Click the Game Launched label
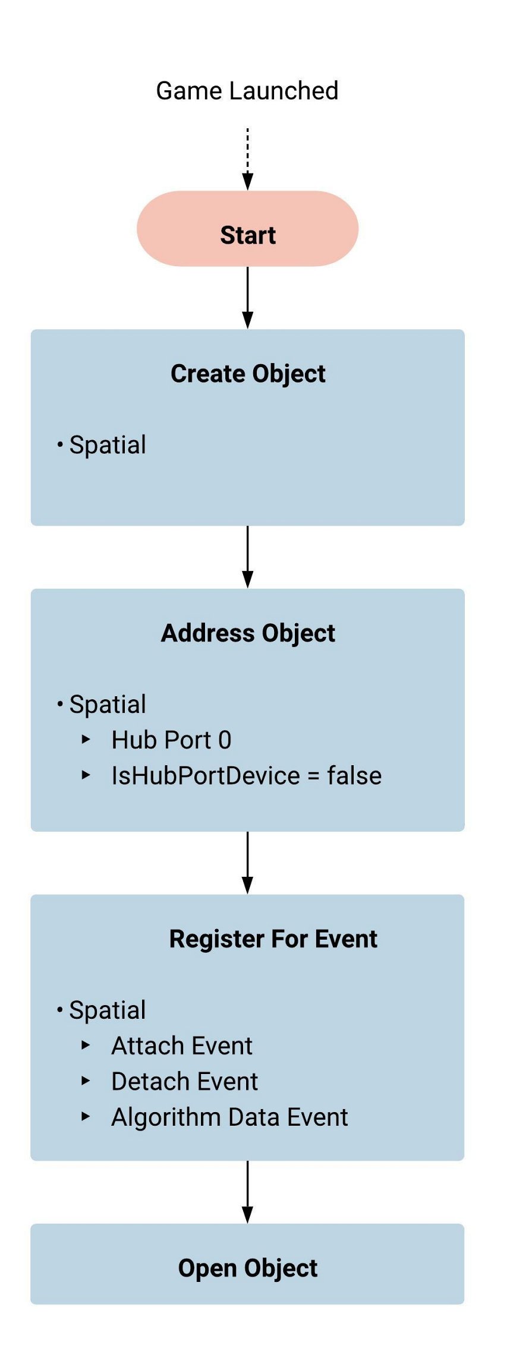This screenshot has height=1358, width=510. click(x=247, y=91)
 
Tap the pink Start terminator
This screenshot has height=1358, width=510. click(x=247, y=229)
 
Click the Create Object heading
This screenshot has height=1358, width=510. click(x=248, y=374)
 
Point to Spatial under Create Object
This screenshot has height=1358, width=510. click(x=108, y=445)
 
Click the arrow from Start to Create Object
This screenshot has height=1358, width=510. click(x=247, y=297)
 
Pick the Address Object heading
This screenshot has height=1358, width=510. click(x=248, y=633)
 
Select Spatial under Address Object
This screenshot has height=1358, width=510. click(x=108, y=705)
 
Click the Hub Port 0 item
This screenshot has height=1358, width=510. click(x=171, y=740)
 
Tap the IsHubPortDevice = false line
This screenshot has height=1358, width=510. click(x=246, y=776)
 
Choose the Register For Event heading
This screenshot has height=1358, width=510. click(x=273, y=939)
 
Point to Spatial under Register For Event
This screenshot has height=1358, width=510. click(x=108, y=1010)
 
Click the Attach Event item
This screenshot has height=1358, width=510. click(x=182, y=1046)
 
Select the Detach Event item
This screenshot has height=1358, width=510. click(x=184, y=1082)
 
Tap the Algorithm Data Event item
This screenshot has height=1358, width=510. click(x=229, y=1117)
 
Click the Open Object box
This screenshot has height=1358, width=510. click(x=247, y=1268)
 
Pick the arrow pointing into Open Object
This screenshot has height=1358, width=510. click(x=247, y=1192)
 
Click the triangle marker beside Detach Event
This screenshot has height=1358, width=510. click(x=86, y=1081)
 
